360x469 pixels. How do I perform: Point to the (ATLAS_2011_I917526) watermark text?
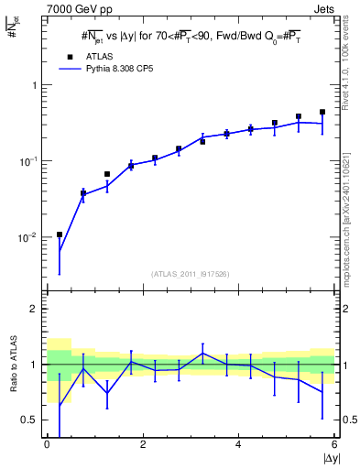(x=191, y=273)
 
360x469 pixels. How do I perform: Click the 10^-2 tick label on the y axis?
(x=29, y=237)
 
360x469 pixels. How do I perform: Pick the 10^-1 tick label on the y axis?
(x=29, y=161)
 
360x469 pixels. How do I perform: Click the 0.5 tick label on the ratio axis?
(x=31, y=420)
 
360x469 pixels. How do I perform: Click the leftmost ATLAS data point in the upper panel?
(x=59, y=234)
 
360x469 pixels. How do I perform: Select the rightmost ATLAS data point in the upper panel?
(x=322, y=112)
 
